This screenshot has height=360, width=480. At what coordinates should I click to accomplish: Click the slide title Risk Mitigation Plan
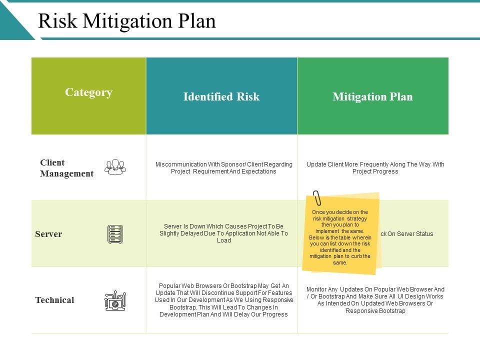pyautogui.click(x=127, y=21)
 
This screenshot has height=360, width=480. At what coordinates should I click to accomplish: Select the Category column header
pyautogui.click(x=88, y=92)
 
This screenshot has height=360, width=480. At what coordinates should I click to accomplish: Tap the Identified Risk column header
pyautogui.click(x=221, y=96)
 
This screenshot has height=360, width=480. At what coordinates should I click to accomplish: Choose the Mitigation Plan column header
pyautogui.click(x=372, y=96)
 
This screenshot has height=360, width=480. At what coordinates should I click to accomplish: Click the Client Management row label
pyautogui.click(x=66, y=168)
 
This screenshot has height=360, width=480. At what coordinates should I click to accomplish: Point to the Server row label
pyautogui.click(x=48, y=234)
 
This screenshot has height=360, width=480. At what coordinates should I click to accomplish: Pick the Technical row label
pyautogui.click(x=54, y=300)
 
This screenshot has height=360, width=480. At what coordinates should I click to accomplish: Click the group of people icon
pyautogui.click(x=115, y=167)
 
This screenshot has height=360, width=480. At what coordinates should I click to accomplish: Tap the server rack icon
pyautogui.click(x=115, y=234)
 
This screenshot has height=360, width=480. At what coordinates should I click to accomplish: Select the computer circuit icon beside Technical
pyautogui.click(x=115, y=300)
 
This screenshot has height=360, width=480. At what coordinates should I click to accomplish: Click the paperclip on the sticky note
pyautogui.click(x=317, y=198)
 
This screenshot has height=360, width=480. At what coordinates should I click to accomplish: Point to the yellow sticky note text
pyautogui.click(x=340, y=237)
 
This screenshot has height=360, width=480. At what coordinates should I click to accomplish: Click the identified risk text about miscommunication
pyautogui.click(x=223, y=168)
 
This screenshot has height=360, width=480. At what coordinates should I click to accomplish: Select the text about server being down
pyautogui.click(x=223, y=233)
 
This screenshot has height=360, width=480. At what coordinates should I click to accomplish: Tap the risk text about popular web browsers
pyautogui.click(x=223, y=300)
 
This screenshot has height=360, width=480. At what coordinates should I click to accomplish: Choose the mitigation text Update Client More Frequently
pyautogui.click(x=375, y=168)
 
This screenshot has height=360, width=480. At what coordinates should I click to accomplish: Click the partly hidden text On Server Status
pyautogui.click(x=407, y=234)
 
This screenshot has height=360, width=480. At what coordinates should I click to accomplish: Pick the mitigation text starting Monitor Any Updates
pyautogui.click(x=375, y=300)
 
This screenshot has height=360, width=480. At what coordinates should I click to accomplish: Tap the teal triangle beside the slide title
pyautogui.click(x=12, y=22)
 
